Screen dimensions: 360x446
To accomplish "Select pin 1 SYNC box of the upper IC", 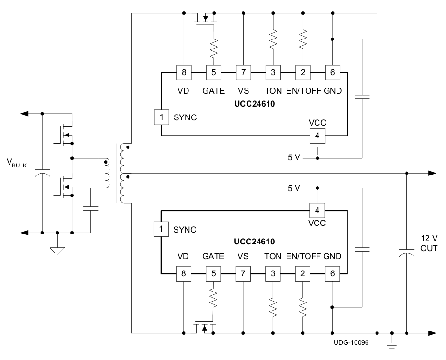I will (161, 117).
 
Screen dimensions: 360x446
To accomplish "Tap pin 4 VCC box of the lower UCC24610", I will (317, 210).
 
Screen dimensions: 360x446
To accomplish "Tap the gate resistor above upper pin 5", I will (214, 48).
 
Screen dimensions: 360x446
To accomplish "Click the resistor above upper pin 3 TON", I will (273, 40).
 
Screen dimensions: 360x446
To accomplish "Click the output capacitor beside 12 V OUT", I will (407, 255).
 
